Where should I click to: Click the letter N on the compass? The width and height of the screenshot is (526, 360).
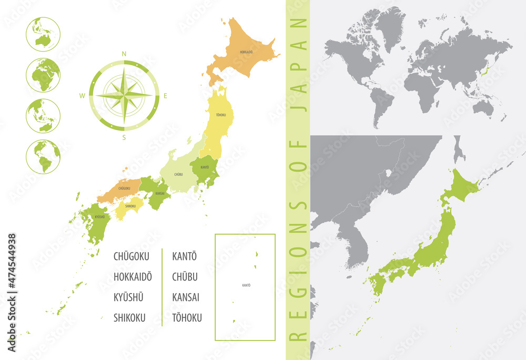pos(124,54)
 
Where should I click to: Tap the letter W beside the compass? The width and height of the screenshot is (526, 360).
pos(83,96)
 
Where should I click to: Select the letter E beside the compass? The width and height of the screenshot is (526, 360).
pos(165,96)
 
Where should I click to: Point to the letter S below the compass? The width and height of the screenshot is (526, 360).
pos(124,138)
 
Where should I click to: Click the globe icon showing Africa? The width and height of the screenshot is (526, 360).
pos(43,75)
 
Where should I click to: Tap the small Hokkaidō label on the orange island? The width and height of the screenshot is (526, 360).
pos(246,52)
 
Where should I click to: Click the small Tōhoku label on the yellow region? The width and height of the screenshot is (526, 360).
pos(221,114)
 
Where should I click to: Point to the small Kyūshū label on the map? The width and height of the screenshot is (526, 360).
pos(99,216)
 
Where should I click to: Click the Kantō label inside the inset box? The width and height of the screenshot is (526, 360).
pos(246,285)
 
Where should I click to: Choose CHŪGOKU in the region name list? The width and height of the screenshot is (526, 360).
pos(131,256)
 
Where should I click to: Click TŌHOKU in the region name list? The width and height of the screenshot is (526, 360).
pos(187,317)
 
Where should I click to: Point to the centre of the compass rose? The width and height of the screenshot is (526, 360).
pos(124,95)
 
